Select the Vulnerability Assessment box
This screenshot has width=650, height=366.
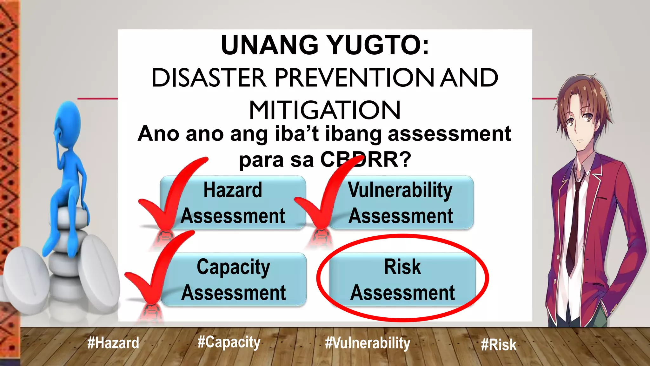click(x=401, y=203)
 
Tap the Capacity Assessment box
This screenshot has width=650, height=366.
click(x=234, y=280)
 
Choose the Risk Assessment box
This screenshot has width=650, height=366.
click(x=402, y=280)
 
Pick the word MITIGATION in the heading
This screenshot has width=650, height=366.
click(x=325, y=111)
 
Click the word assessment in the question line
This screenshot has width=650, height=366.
click(x=449, y=134)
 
